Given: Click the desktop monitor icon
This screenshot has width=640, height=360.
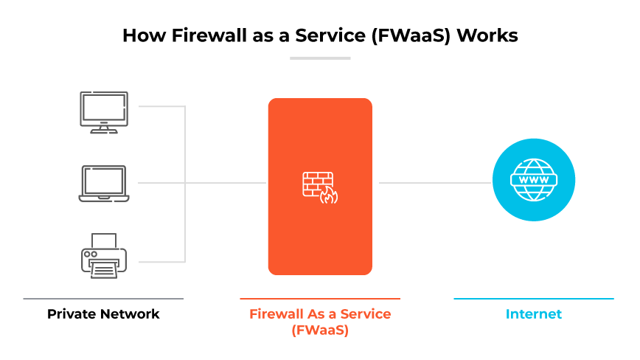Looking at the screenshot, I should point(104,111).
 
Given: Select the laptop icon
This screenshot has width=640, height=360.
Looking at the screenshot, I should point(104,183).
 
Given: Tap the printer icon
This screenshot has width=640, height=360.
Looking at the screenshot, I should point(104,255).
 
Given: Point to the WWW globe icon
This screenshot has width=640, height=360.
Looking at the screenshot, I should point(533,180).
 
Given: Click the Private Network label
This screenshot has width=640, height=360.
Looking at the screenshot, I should point(103,314).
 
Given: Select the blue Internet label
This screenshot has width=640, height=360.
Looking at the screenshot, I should point(533,314).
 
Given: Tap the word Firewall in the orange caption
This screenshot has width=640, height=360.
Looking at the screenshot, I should point(276,314).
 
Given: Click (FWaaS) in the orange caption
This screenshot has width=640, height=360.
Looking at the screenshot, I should point(320,330).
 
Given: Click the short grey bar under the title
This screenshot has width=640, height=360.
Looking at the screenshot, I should point(320,58).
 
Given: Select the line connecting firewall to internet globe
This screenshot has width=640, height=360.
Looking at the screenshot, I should point(434,183).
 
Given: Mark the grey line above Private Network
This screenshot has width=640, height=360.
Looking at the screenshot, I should point(103,299).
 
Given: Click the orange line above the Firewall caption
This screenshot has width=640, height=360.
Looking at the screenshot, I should point(320,299).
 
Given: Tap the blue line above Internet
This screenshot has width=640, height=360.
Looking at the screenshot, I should point(533,299).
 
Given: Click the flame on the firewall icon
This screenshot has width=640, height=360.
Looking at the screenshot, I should point(329,195).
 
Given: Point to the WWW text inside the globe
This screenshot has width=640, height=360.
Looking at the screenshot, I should point(533,180).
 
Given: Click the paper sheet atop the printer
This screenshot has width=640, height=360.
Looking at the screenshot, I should point(104,241).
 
